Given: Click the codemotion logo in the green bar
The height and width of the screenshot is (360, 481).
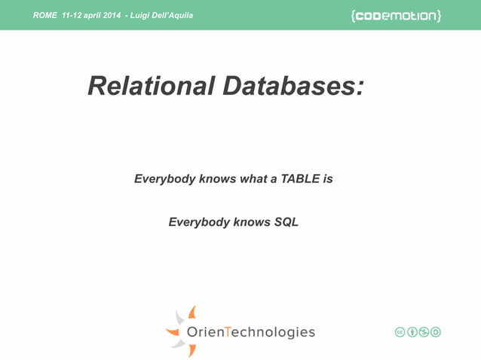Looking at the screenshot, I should [396, 16].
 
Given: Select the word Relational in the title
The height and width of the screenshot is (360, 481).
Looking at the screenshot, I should [150, 86].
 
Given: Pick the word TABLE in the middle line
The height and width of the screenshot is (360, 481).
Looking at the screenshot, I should [300, 179].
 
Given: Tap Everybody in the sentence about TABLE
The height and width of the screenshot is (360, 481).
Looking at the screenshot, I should [164, 179].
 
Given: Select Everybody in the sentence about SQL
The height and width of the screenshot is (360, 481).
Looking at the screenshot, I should [198, 222].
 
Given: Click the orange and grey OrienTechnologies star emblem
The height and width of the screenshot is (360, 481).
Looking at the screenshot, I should [182, 331].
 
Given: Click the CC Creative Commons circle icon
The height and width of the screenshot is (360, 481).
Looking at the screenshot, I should [400, 332].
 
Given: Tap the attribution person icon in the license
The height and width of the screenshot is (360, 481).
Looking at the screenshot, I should [412, 332].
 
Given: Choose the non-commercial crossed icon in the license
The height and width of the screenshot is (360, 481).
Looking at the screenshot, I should [424, 332].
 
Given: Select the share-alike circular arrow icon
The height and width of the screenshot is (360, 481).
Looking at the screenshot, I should [435, 332].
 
